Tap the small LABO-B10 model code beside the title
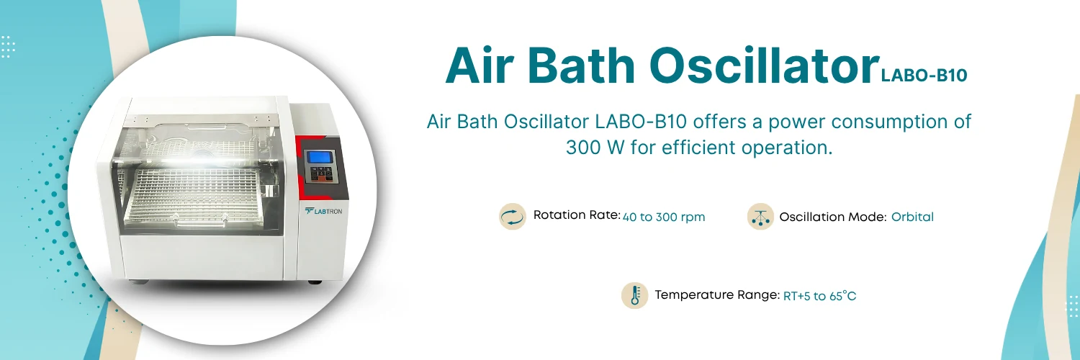click(924, 76)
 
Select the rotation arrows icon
click(513, 216)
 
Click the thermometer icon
click(635, 295)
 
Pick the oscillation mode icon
click(760, 216)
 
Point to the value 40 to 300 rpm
click(664, 217)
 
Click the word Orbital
click(912, 217)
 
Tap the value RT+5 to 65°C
click(819, 296)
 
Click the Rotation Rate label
click(576, 215)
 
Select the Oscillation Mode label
click(832, 217)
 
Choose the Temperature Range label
click(717, 295)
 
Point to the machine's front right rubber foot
click(314, 280)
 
